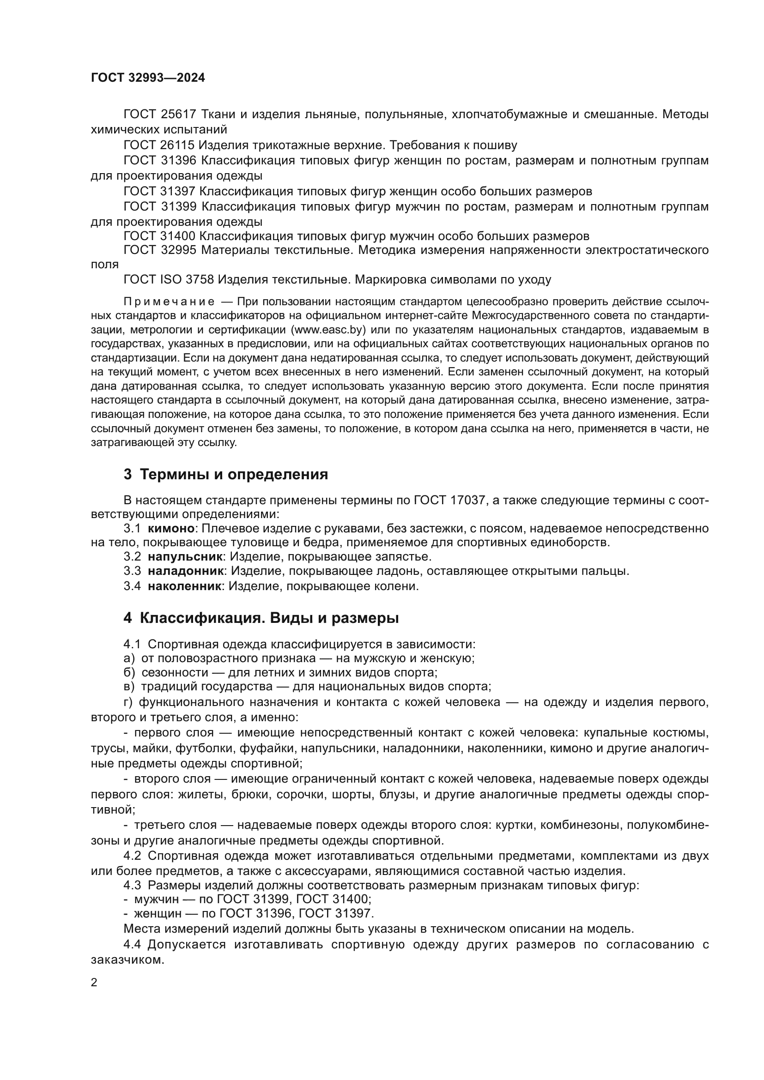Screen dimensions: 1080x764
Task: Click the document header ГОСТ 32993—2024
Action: [148, 78]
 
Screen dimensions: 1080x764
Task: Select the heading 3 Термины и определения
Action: [226, 474]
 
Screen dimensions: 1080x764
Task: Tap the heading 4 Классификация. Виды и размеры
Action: [261, 618]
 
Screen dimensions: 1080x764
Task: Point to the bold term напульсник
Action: [185, 557]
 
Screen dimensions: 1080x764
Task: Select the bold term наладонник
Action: [185, 572]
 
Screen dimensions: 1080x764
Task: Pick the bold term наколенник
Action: [184, 586]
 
